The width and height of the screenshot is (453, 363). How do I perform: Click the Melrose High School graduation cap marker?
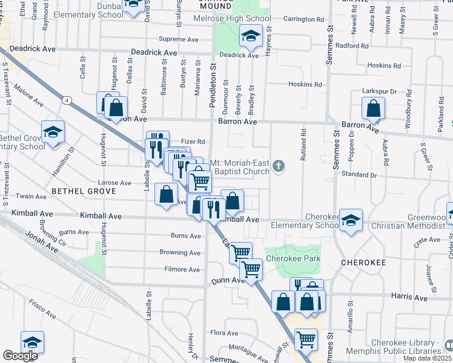click(x=250, y=36)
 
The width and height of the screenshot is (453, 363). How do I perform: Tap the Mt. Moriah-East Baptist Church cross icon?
click(x=279, y=166)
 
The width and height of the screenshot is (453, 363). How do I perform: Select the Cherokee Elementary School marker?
click(x=350, y=221)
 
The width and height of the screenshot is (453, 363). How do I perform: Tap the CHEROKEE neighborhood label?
click(x=363, y=263)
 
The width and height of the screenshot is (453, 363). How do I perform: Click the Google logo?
click(x=20, y=356)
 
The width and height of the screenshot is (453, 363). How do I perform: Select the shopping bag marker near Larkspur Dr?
click(x=373, y=109)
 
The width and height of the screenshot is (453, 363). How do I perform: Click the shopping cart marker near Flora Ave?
click(x=306, y=339)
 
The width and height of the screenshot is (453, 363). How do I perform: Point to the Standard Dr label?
click(x=360, y=175)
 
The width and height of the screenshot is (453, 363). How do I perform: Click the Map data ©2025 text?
click(x=427, y=358)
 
